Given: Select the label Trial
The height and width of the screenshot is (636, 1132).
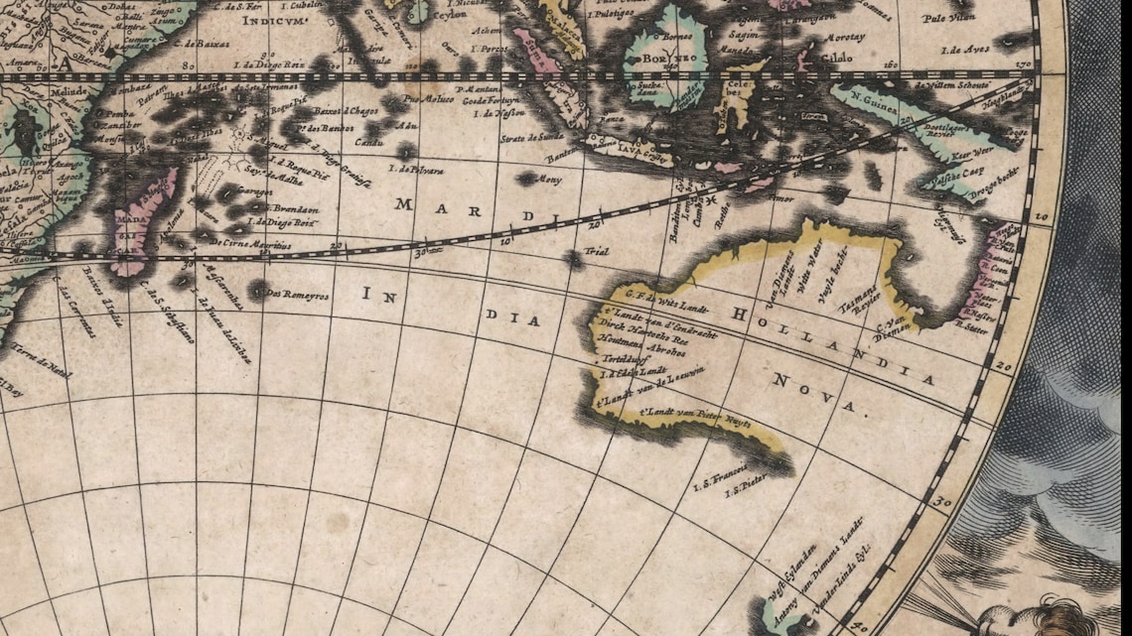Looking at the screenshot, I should tap(596, 252).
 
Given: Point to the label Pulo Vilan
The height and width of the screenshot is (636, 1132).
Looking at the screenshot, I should tap(948, 17).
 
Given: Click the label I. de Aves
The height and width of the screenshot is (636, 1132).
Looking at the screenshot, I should tap(964, 49).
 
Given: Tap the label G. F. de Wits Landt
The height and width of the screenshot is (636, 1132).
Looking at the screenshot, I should tap(658, 296).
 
